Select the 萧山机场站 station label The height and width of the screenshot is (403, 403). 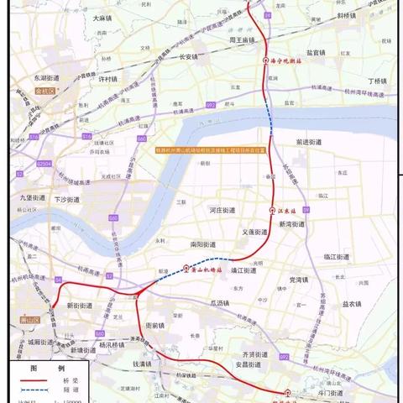205,270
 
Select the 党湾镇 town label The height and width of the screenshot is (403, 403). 300,279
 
